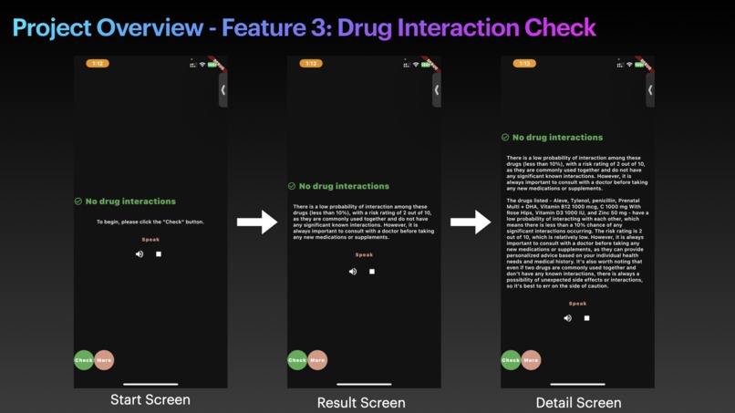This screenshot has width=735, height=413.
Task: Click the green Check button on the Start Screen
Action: pos(84,360)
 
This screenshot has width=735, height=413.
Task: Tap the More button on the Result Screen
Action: pos(317,360)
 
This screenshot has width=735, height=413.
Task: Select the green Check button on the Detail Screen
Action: pos(511,360)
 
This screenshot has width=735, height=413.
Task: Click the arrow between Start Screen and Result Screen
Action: pos(257,222)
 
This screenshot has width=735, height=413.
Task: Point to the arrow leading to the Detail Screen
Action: pos(471,222)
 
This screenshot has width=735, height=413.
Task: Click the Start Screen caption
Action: pos(150,399)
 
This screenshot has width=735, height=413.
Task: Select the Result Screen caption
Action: pos(361,402)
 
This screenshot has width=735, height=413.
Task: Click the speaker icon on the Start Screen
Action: pos(140,254)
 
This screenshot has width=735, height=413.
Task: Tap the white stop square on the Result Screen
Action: pos(372,272)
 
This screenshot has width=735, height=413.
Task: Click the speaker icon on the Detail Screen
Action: pos(567,318)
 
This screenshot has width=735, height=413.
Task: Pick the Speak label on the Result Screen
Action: pos(364,255)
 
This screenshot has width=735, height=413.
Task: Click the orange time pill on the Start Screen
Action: pos(98,64)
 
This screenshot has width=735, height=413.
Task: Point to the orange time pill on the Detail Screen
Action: pos(524,64)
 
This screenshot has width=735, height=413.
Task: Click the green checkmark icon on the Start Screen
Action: pos(78,201)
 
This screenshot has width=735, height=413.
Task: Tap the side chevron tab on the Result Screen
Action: pos(437,90)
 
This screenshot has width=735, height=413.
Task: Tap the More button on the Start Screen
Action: pos(104,360)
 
